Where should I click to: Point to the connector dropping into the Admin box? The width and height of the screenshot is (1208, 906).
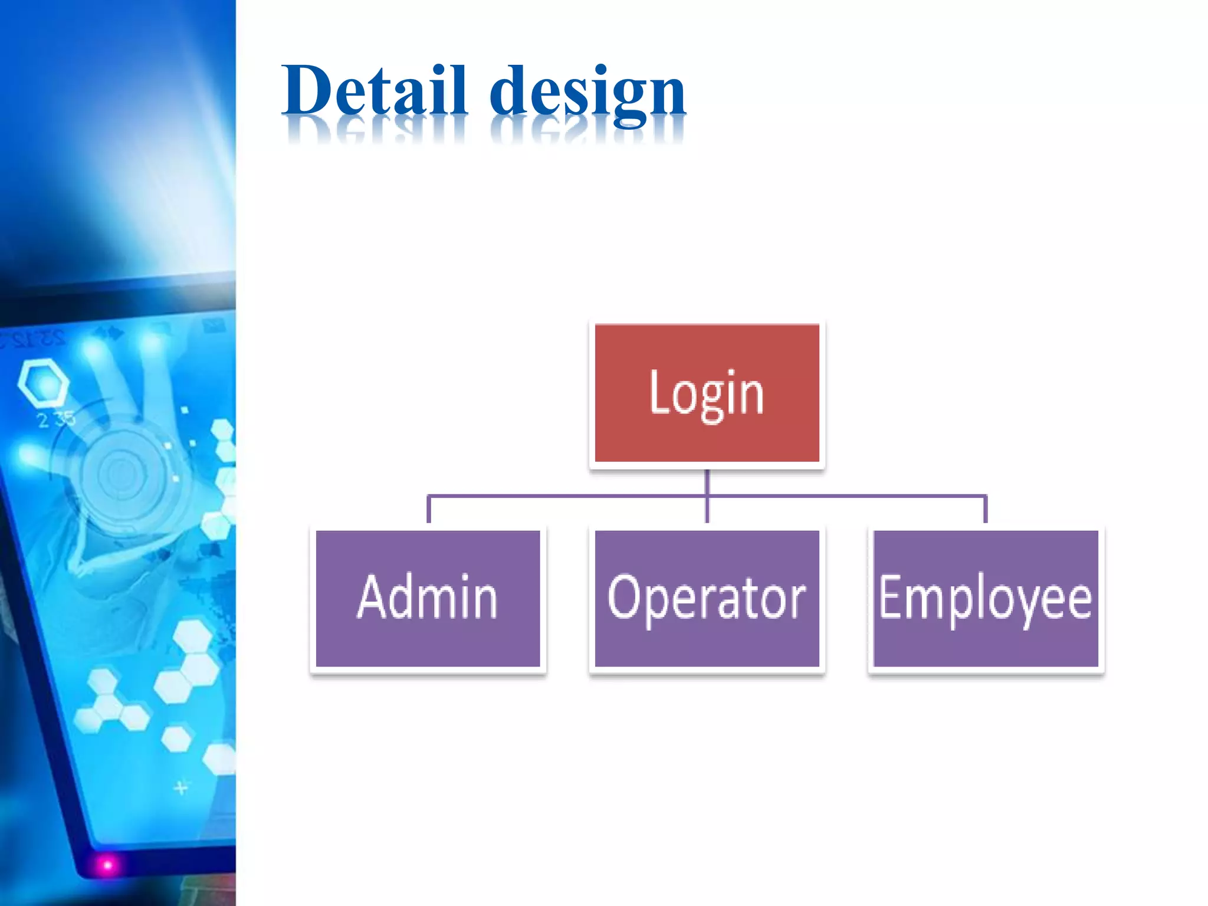429,510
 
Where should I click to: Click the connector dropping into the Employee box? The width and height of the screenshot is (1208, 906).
985,510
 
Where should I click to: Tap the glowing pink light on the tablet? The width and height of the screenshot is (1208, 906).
107,865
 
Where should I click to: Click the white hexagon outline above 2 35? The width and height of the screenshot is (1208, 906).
42,383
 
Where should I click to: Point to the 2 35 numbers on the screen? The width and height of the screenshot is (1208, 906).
56,419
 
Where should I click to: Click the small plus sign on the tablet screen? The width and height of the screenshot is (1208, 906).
181,787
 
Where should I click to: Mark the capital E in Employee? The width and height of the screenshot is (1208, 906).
890,597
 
